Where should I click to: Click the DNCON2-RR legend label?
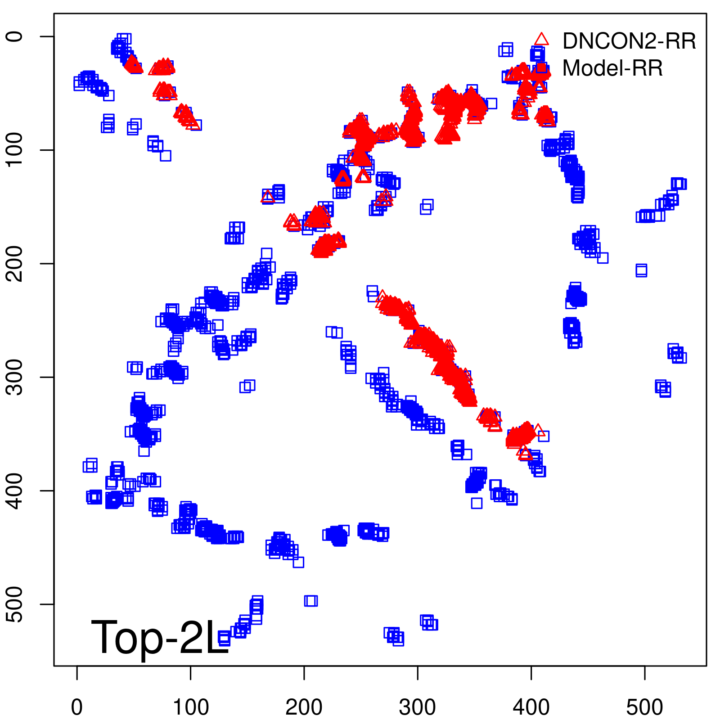(629, 41)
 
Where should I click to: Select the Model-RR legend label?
(612, 68)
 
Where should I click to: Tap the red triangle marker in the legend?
(541, 39)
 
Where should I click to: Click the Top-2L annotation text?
(160, 637)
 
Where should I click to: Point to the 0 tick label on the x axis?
(77, 707)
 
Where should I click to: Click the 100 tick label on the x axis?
(191, 707)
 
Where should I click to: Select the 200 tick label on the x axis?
(304, 707)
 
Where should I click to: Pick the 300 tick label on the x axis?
(418, 707)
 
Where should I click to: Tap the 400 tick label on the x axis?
(531, 707)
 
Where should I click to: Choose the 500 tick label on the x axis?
(645, 707)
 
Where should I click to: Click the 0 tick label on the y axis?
(16, 36)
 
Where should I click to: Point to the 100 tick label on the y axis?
(16, 150)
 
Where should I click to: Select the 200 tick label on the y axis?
(16, 264)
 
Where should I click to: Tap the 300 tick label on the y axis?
(16, 377)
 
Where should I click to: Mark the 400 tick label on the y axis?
(16, 490)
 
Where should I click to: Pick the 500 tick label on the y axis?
(16, 604)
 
